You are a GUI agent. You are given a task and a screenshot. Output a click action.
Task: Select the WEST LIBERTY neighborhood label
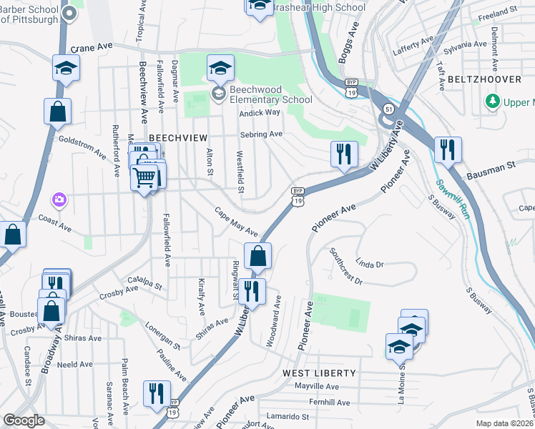click(319, 373)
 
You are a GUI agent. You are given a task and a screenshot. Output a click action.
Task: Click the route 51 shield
click(388, 108)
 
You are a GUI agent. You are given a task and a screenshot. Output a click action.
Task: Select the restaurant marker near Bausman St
click(448, 149)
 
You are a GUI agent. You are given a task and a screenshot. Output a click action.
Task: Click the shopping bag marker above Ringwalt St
click(258, 255)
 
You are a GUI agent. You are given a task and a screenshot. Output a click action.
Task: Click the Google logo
click(24, 420)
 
